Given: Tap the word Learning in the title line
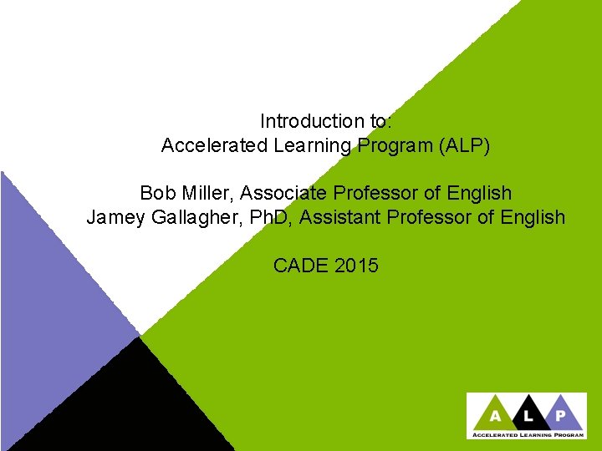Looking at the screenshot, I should [312, 145].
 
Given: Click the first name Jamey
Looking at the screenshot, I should [114, 218].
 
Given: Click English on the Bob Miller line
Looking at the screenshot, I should [479, 193].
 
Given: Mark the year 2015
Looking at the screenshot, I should [357, 266].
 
